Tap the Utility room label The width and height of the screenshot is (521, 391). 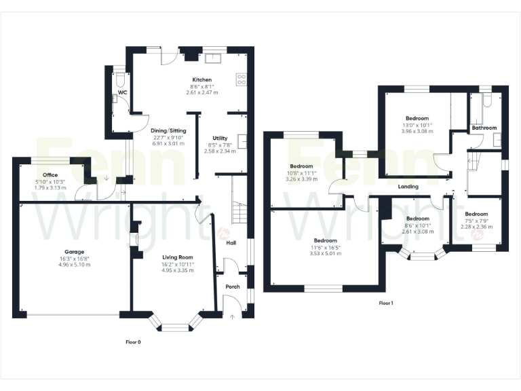[x=219, y=138]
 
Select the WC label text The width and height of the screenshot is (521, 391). [x=122, y=92]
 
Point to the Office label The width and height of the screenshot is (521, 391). [x=50, y=174]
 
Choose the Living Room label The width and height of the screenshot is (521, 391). [x=178, y=257]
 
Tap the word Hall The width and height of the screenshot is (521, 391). [x=231, y=242]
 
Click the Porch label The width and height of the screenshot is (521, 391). [x=232, y=286]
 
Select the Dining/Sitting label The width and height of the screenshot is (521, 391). [x=168, y=130]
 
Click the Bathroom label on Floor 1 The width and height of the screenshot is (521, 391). [x=484, y=128]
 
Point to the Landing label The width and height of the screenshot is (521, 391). [x=408, y=187]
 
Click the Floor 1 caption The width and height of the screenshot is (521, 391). [x=386, y=303]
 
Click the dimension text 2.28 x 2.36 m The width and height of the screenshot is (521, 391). [x=476, y=227]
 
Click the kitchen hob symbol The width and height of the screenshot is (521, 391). [x=241, y=79]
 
